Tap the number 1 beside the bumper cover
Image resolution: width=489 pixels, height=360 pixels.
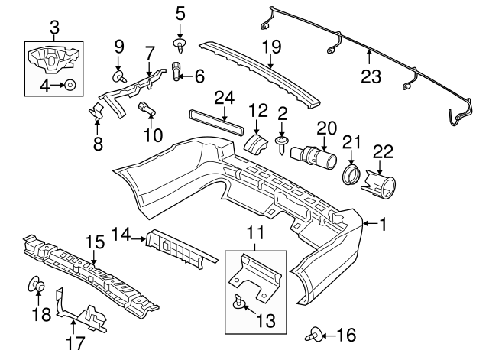point(383,224)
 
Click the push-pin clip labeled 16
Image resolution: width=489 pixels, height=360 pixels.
point(316,335)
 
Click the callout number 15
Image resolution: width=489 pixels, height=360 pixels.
point(93,242)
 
